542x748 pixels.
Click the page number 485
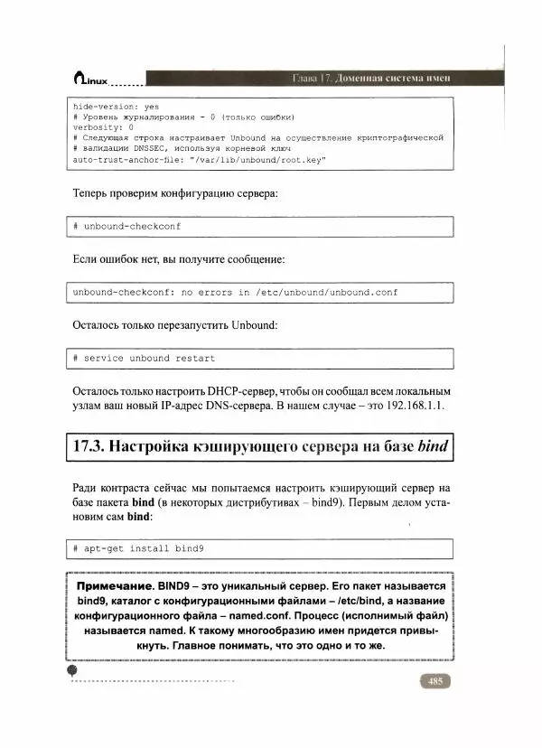[435, 681]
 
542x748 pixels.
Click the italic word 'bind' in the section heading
[430, 446]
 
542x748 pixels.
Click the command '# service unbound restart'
[144, 358]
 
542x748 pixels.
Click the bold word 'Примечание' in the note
[114, 585]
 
